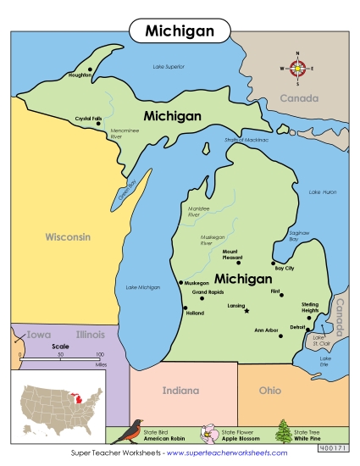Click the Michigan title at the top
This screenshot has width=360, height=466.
[179, 31]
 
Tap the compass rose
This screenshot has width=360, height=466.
[297, 68]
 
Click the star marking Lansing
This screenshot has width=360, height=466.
[246, 311]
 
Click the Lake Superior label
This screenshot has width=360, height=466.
[169, 66]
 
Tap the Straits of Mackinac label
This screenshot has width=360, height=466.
[246, 139]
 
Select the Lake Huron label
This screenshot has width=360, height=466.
[322, 192]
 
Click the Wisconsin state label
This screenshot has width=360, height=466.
[68, 237]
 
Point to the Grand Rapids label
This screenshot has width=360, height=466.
[208, 292]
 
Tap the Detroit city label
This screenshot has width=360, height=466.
[297, 326]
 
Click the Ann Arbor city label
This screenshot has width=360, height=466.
[266, 330]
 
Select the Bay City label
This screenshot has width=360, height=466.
[284, 269]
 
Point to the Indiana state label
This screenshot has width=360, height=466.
[180, 391]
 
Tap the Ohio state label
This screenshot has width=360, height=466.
[270, 391]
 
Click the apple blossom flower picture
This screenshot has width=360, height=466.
[206, 433]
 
